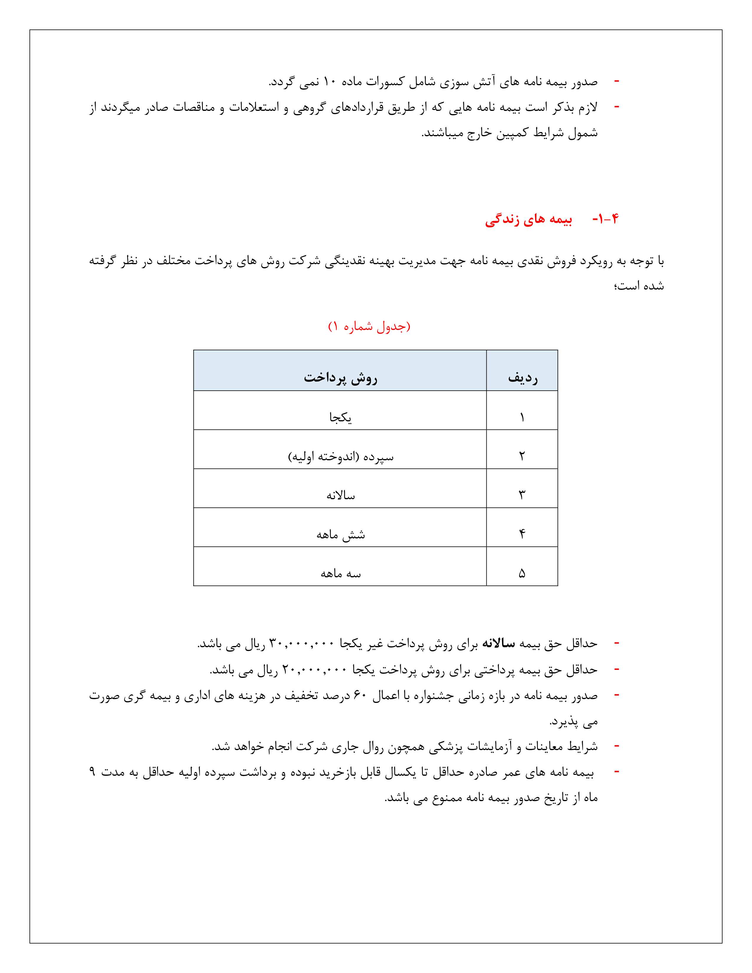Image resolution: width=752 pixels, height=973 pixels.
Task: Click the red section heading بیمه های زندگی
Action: point(529,220)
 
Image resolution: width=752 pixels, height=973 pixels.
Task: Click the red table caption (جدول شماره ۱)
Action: point(369,327)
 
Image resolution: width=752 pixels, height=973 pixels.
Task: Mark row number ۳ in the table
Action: point(522,495)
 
